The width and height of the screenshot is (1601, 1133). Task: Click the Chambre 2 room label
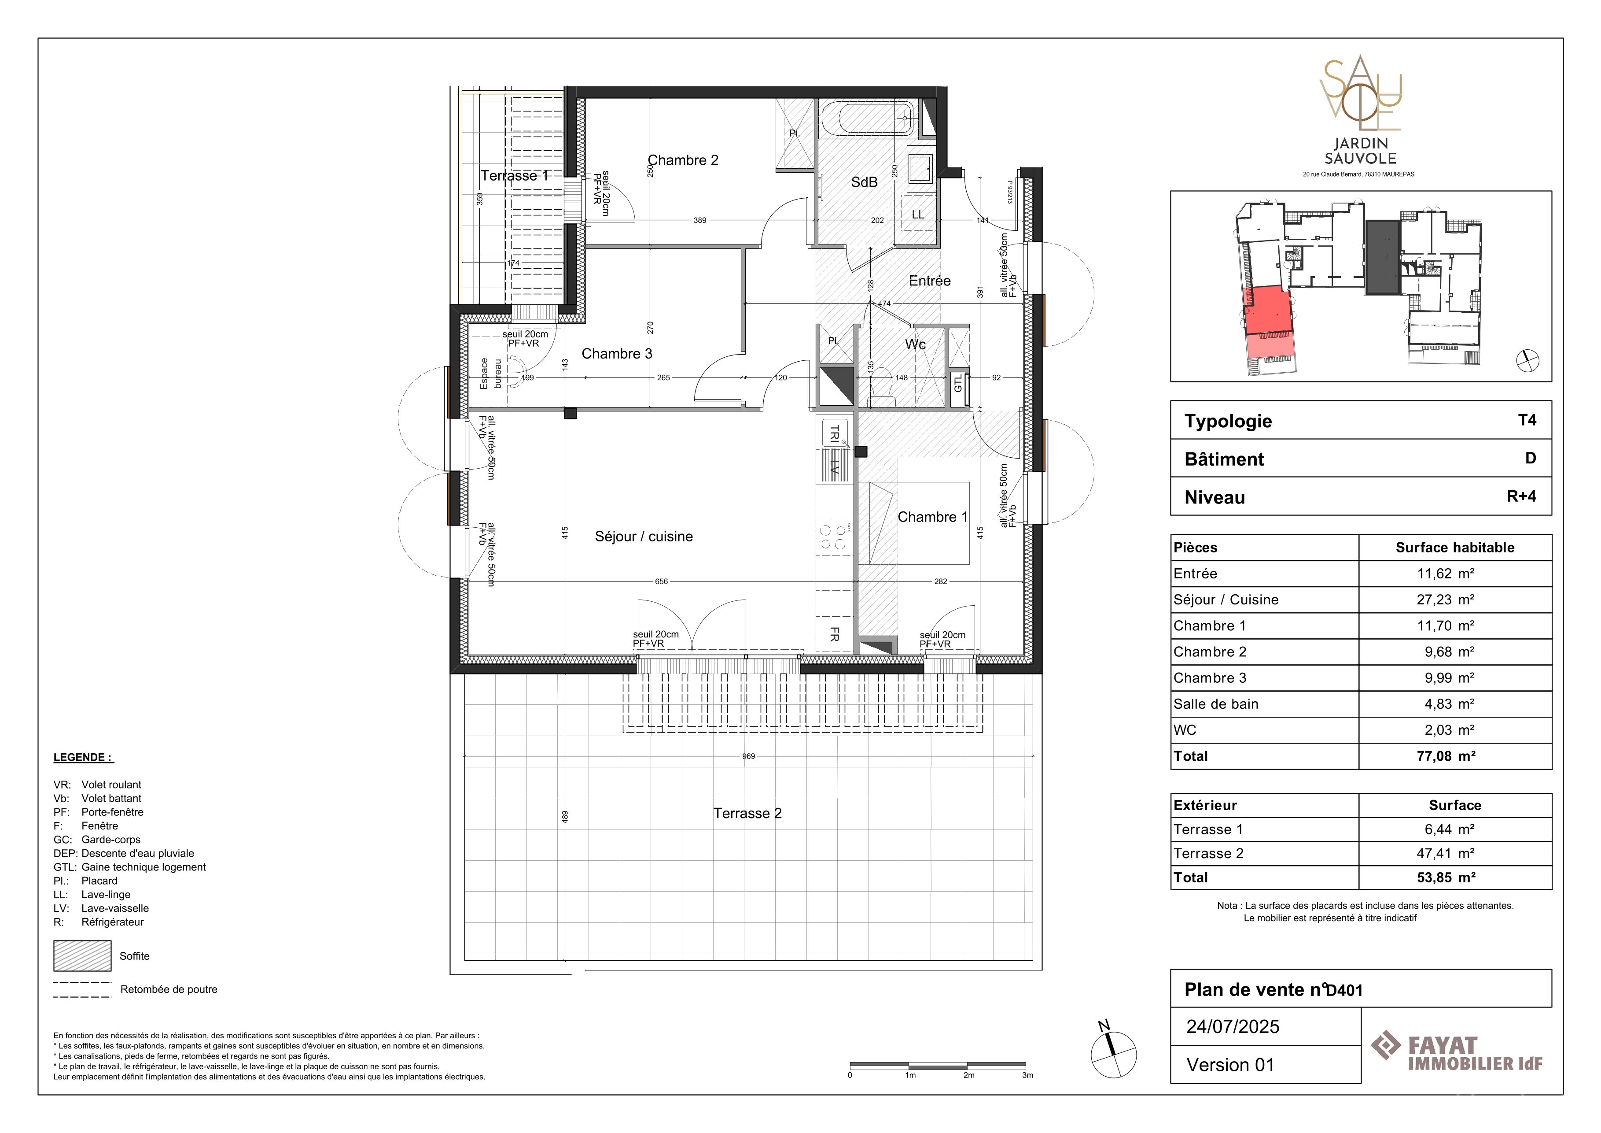coord(683,160)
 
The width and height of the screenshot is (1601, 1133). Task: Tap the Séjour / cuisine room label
coord(644,537)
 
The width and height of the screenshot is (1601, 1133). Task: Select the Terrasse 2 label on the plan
coord(747,814)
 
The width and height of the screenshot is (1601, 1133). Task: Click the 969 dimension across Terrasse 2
coord(748,756)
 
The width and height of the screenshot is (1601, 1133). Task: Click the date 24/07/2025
coord(1233,1027)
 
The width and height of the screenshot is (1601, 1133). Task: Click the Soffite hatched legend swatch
coord(82,956)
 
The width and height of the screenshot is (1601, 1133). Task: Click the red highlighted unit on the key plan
coord(1267,311)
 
